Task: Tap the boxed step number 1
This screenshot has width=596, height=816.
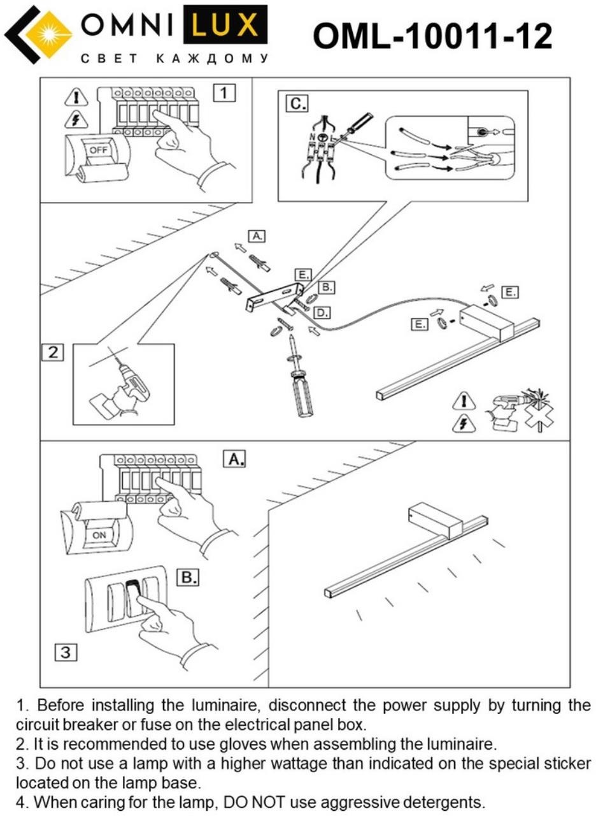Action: pyautogui.click(x=223, y=93)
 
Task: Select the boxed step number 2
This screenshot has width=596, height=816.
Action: pyautogui.click(x=53, y=352)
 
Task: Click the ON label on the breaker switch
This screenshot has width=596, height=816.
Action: pyautogui.click(x=99, y=535)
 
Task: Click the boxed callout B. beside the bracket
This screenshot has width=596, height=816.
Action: pyautogui.click(x=326, y=288)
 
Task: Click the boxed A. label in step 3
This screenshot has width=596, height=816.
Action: pyautogui.click(x=234, y=458)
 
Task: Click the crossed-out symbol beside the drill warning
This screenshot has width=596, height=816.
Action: pyautogui.click(x=538, y=408)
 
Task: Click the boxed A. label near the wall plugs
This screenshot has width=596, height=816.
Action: pyautogui.click(x=257, y=236)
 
